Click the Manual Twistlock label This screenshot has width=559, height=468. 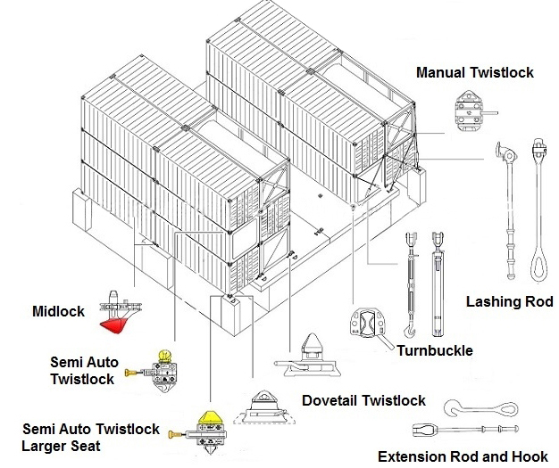pyautogui.click(x=475, y=72)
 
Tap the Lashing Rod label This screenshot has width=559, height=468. pyautogui.click(x=509, y=302)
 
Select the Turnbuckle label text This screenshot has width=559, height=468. pyautogui.click(x=435, y=350)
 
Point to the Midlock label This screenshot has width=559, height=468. pyautogui.click(x=58, y=311)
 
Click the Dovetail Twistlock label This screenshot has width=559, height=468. pyautogui.click(x=363, y=400)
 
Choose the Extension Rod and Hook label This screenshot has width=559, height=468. pyautogui.click(x=463, y=456)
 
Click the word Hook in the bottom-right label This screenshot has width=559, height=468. pyautogui.click(x=530, y=456)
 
